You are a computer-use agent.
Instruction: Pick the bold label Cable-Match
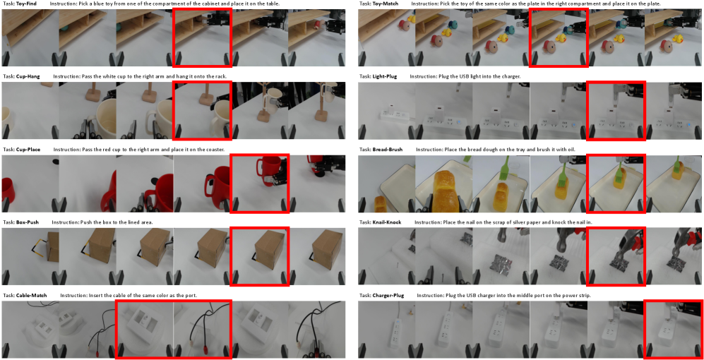pyautogui.click(x=32, y=295)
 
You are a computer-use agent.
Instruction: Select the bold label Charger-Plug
pyautogui.click(x=388, y=295)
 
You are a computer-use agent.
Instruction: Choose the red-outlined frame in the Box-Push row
pyautogui.click(x=230, y=256)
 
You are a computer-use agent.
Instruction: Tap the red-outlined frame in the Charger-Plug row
pyautogui.click(x=645, y=329)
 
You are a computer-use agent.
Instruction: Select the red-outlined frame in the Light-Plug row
pyautogui.click(x=587, y=110)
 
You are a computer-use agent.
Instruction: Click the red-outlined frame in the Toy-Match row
pyautogui.click(x=531, y=37)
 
